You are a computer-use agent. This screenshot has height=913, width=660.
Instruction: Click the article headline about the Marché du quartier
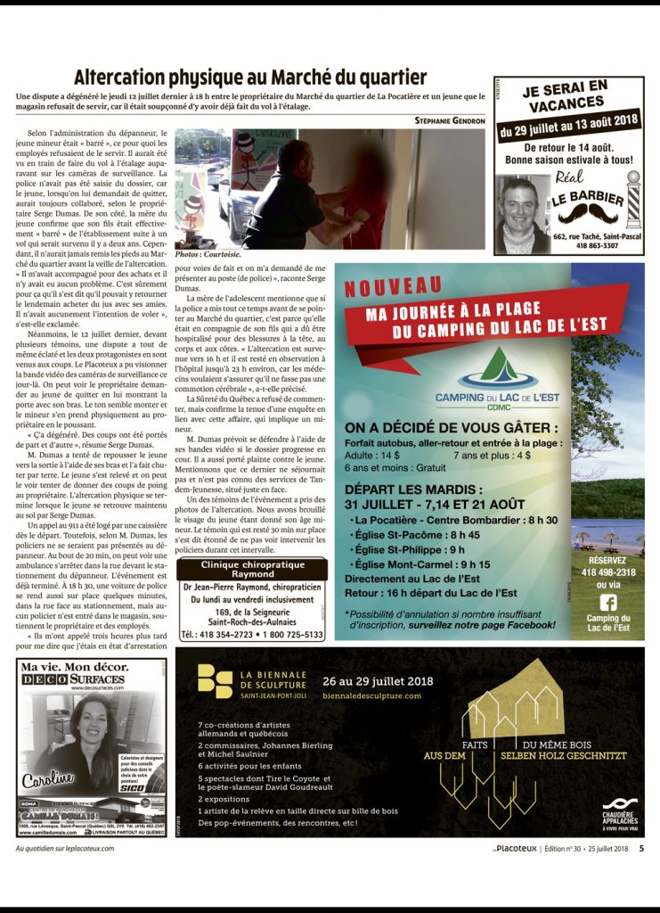250,77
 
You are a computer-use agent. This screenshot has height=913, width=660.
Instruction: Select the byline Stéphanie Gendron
450,120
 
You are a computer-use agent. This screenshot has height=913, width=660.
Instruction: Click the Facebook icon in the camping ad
608,602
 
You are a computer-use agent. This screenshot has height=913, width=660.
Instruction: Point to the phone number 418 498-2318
608,572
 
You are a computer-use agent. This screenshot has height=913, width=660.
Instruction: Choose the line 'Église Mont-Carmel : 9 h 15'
422,564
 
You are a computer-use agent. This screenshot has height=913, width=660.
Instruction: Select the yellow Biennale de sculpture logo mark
215,680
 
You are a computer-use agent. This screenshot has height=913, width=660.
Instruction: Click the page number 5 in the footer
641,849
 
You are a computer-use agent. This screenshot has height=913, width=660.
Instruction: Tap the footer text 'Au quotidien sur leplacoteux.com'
66,849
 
